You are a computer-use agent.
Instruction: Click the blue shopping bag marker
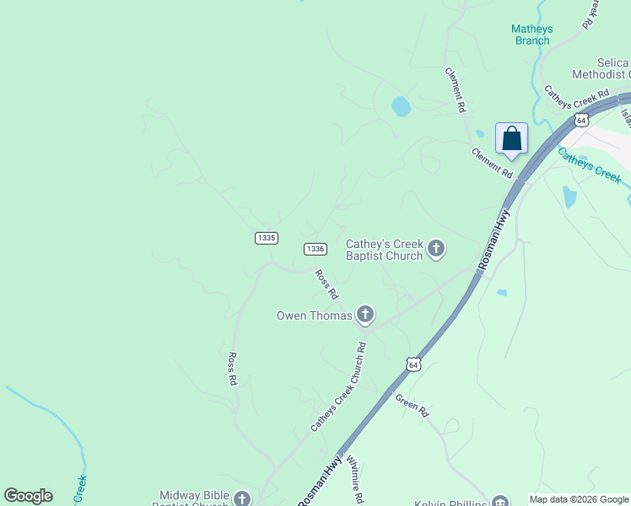point(512,139)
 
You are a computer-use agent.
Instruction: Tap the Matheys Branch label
point(532,35)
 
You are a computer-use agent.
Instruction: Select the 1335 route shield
point(266,239)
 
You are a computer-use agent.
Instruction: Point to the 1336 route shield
point(315,249)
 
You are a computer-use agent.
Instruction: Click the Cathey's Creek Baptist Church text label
point(385,250)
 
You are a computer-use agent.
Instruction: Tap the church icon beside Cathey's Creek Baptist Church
point(436,248)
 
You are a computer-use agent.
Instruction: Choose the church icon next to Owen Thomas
point(365,315)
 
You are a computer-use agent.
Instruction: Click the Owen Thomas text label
point(314,316)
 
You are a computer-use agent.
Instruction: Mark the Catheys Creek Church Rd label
point(337,387)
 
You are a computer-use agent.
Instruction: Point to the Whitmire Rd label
point(355,482)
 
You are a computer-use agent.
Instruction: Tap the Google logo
point(28,496)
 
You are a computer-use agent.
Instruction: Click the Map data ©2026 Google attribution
point(579,499)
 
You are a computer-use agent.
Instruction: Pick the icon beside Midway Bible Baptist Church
point(242,498)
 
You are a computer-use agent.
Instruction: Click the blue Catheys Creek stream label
point(590,164)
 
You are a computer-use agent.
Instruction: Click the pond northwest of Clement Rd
point(401,106)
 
